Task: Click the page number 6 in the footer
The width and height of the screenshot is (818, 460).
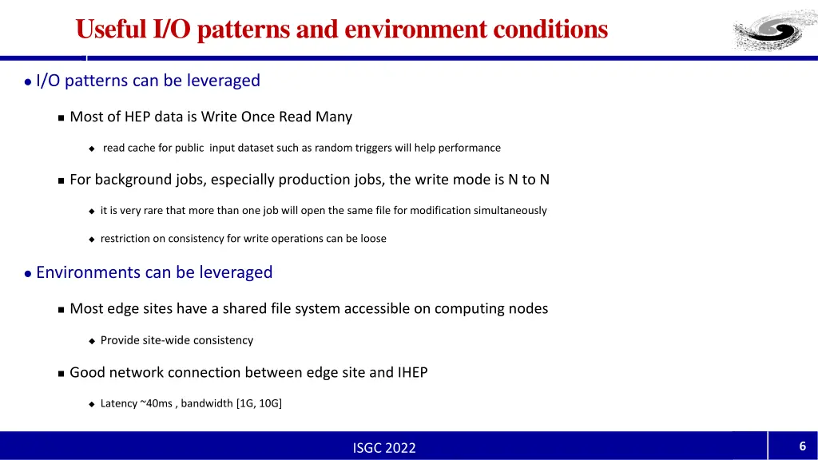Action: [x=802, y=446]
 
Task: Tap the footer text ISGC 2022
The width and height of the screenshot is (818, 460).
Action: [x=384, y=448]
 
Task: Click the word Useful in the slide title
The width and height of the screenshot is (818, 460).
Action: [x=110, y=29]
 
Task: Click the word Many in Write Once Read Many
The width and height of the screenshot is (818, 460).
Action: [x=333, y=117]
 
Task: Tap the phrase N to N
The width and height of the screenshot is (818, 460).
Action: [x=529, y=180]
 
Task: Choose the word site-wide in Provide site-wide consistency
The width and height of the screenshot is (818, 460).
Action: [x=166, y=340]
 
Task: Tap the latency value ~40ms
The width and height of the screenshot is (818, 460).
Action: [x=157, y=403]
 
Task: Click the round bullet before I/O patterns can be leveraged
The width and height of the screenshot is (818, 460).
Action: [x=28, y=81]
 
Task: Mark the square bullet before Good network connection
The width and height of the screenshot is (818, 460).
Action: [x=61, y=373]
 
